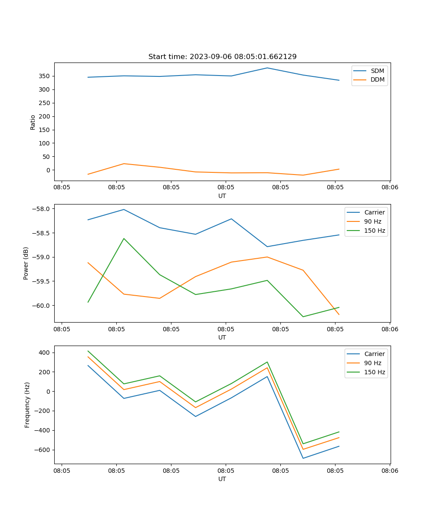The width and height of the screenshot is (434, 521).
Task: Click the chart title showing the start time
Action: click(222, 57)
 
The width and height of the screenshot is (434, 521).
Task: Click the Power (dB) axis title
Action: click(26, 263)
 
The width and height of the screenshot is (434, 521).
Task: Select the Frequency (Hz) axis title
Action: click(27, 405)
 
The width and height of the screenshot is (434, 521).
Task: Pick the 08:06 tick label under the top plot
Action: click(390, 188)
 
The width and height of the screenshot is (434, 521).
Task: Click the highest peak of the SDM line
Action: click(267, 68)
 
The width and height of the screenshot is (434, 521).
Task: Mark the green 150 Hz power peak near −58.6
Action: click(124, 238)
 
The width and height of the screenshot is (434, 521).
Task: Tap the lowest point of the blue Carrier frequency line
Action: click(303, 458)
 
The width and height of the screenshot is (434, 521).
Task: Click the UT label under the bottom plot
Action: click(222, 479)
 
